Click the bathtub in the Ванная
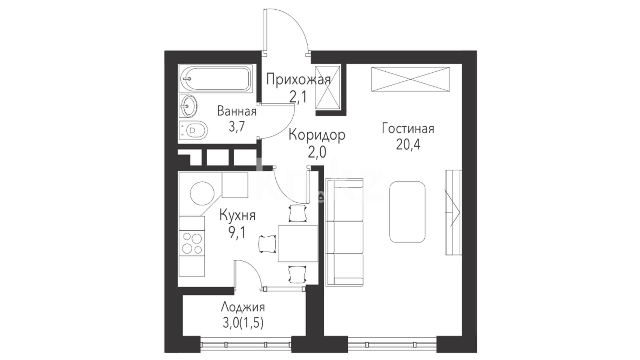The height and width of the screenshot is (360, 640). tap(215, 79)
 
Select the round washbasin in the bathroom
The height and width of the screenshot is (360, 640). tap(188, 106)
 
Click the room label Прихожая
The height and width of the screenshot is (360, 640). tap(299, 80)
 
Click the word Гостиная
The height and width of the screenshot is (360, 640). tap(408, 128)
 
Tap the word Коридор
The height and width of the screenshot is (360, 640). tap(317, 135)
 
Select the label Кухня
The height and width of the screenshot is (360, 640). tap(237, 215)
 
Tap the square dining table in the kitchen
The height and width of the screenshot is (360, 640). tap(298, 244)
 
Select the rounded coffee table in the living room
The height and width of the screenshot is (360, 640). tap(407, 212)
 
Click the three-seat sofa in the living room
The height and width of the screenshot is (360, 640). tap(344, 232)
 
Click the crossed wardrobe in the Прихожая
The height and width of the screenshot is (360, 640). tap(327, 87)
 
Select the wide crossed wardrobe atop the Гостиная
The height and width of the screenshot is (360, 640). tap(410, 79)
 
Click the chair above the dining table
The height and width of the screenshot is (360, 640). tap(297, 213)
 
